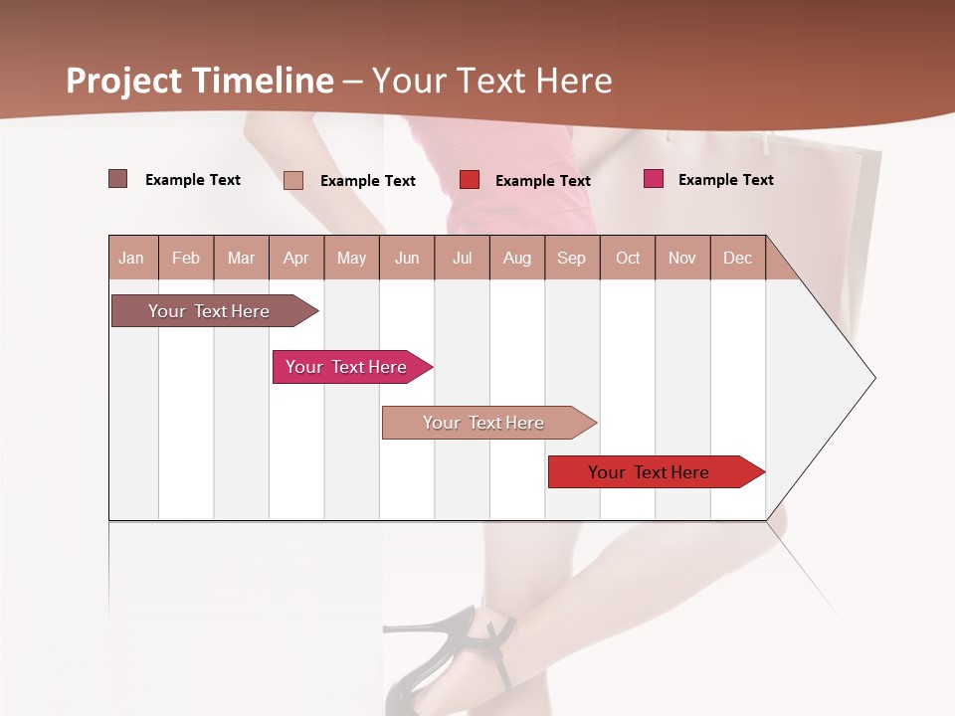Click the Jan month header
131,259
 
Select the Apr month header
296,259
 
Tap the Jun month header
407,259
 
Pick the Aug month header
517,259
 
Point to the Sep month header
572,259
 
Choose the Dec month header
737,259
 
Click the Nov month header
682,259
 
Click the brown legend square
118,179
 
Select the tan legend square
293,180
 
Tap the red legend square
470,180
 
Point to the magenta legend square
654,179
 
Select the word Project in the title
123,81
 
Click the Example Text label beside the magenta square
725,180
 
